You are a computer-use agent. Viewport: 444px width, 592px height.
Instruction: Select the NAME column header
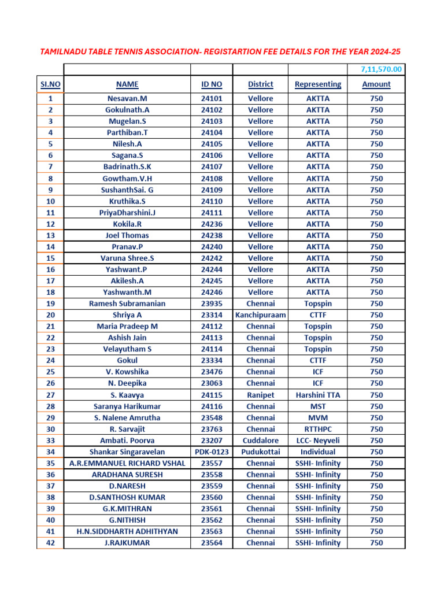pyautogui.click(x=127, y=84)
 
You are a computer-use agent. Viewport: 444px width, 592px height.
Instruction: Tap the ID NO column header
pyautogui.click(x=212, y=84)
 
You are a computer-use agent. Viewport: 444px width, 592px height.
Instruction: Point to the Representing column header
pyautogui.click(x=318, y=84)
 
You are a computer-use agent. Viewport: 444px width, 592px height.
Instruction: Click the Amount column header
pyautogui.click(x=376, y=84)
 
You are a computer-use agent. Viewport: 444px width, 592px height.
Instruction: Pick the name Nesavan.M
pyautogui.click(x=127, y=98)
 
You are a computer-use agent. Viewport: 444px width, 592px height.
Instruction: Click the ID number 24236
pyautogui.click(x=212, y=224)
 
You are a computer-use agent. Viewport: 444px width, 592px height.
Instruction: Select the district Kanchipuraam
pyautogui.click(x=261, y=315)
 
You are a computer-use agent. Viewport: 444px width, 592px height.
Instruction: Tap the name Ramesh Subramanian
pyautogui.click(x=127, y=304)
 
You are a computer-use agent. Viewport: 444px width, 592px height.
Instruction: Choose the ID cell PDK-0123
pyautogui.click(x=212, y=452)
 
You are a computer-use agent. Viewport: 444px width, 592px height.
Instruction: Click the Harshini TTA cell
pyautogui.click(x=318, y=395)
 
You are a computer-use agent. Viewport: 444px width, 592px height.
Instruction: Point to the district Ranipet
pyautogui.click(x=261, y=395)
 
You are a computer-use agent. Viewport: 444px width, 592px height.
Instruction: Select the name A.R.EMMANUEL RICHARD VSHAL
pyautogui.click(x=127, y=463)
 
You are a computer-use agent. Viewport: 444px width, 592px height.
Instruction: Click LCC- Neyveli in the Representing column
pyautogui.click(x=318, y=441)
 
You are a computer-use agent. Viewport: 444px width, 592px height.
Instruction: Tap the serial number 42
pyautogui.click(x=51, y=543)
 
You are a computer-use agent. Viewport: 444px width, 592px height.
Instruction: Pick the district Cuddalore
pyautogui.click(x=261, y=441)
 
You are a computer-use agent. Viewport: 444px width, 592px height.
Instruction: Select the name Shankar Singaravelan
pyautogui.click(x=127, y=452)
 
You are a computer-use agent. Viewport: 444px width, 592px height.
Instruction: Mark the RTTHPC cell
pyautogui.click(x=318, y=429)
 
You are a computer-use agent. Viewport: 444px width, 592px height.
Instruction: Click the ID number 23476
pyautogui.click(x=212, y=372)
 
